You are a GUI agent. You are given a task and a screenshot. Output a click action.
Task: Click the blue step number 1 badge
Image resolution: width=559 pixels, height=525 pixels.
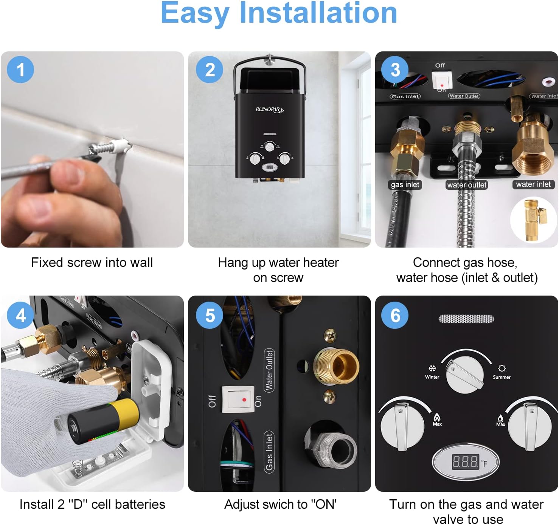20,70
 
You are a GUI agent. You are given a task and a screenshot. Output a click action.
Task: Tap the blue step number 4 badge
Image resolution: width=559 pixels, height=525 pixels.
20,315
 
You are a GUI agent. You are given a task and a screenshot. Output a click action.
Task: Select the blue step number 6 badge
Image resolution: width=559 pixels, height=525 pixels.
395,315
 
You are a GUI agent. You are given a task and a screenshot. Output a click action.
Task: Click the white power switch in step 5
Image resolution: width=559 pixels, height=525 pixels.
237,399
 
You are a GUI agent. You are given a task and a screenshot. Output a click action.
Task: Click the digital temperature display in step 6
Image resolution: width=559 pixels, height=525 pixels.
466,462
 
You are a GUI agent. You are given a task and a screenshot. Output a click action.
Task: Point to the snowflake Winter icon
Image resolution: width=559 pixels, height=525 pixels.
432,368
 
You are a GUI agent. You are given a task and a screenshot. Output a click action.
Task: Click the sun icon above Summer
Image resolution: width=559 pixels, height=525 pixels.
502,369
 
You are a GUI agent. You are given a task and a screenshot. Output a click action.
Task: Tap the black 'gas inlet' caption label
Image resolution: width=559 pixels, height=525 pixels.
405,184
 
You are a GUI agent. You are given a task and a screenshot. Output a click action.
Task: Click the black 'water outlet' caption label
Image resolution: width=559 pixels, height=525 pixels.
467,185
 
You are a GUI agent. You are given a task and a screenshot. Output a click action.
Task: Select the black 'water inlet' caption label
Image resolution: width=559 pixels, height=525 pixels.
533,184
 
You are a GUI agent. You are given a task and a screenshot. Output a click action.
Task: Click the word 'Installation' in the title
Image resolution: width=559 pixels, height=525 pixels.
318,13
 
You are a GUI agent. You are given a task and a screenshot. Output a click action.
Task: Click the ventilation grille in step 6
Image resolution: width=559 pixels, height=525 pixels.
466,319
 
